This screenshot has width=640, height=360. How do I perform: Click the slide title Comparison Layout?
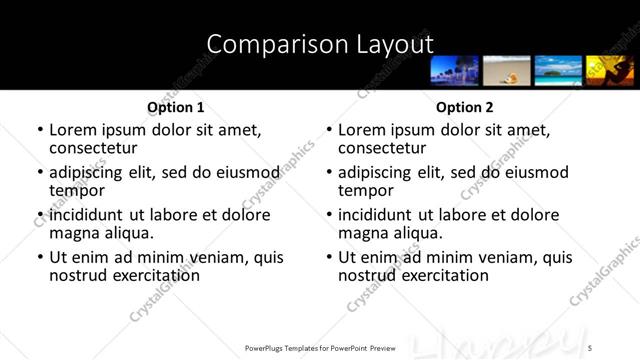pyautogui.click(x=320, y=44)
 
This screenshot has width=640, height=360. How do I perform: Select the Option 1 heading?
pyautogui.click(x=176, y=107)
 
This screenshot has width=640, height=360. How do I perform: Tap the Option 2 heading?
pyautogui.click(x=465, y=107)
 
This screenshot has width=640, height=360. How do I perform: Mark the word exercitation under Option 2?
pyautogui.click(x=438, y=275)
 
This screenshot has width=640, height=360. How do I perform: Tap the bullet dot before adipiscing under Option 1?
pyautogui.click(x=40, y=172)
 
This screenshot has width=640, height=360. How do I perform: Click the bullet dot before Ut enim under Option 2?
pyautogui.click(x=329, y=257)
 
